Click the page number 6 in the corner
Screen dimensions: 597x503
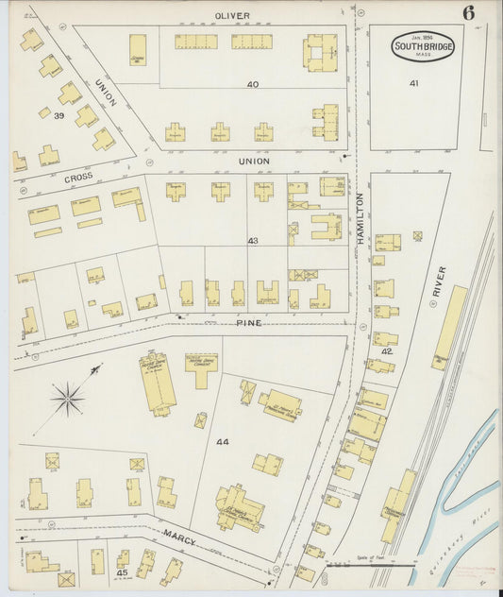click(x=468, y=13)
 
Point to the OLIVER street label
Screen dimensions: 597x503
click(x=232, y=16)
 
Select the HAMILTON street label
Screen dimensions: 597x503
click(x=360, y=219)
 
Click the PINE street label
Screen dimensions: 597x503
click(x=249, y=323)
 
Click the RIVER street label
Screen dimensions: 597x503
click(x=439, y=281)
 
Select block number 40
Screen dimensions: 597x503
click(x=252, y=85)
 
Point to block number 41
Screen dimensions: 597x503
click(x=413, y=84)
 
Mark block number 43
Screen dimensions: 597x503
click(x=252, y=241)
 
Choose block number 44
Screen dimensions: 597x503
click(x=222, y=442)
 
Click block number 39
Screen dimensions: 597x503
click(x=59, y=116)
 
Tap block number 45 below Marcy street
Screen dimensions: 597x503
click(x=122, y=572)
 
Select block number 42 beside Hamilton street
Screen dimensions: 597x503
click(x=386, y=351)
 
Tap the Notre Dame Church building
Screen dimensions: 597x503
click(x=158, y=382)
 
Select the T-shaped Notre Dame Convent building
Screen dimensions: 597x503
click(x=200, y=367)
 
